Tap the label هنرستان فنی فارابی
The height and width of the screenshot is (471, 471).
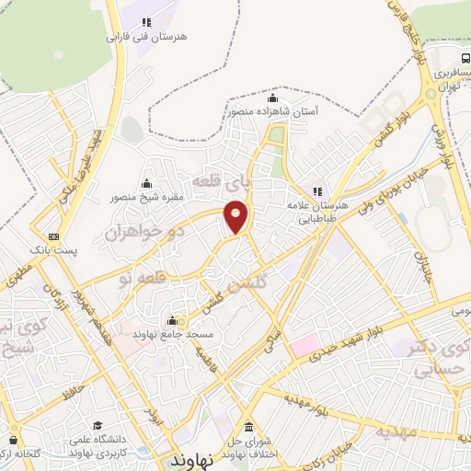tap(147, 38)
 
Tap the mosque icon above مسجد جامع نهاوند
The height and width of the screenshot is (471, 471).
tap(172, 321)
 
